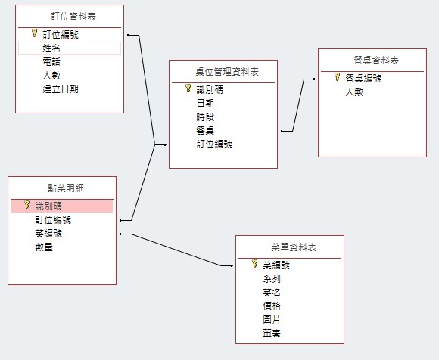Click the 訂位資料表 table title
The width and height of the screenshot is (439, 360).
click(x=73, y=17)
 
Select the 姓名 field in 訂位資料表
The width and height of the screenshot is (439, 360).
click(x=51, y=48)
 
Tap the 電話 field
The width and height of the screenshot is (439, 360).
click(x=51, y=62)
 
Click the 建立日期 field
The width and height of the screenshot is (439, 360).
click(x=61, y=89)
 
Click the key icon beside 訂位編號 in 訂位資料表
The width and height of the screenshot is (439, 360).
click(x=34, y=33)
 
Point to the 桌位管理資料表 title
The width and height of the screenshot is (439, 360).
click(x=227, y=72)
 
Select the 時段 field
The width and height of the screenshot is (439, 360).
click(x=205, y=117)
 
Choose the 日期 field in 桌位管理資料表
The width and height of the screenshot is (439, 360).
click(x=205, y=104)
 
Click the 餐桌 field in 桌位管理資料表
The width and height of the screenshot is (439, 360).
click(x=205, y=131)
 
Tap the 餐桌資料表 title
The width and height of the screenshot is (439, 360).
click(x=376, y=61)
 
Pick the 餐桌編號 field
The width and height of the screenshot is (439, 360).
click(x=363, y=79)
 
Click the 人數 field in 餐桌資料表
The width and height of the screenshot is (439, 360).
click(x=354, y=92)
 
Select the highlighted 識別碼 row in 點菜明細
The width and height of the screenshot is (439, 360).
click(x=62, y=206)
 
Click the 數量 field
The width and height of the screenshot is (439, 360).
click(x=44, y=247)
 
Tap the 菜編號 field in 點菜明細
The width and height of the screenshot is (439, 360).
click(x=48, y=233)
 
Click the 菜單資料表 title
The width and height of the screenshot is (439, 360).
click(x=294, y=247)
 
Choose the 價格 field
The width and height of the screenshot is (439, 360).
click(x=272, y=306)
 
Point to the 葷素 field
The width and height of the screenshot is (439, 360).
click(x=272, y=333)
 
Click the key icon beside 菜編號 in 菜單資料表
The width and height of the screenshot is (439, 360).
click(x=254, y=263)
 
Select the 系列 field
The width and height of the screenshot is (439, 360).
click(x=272, y=278)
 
